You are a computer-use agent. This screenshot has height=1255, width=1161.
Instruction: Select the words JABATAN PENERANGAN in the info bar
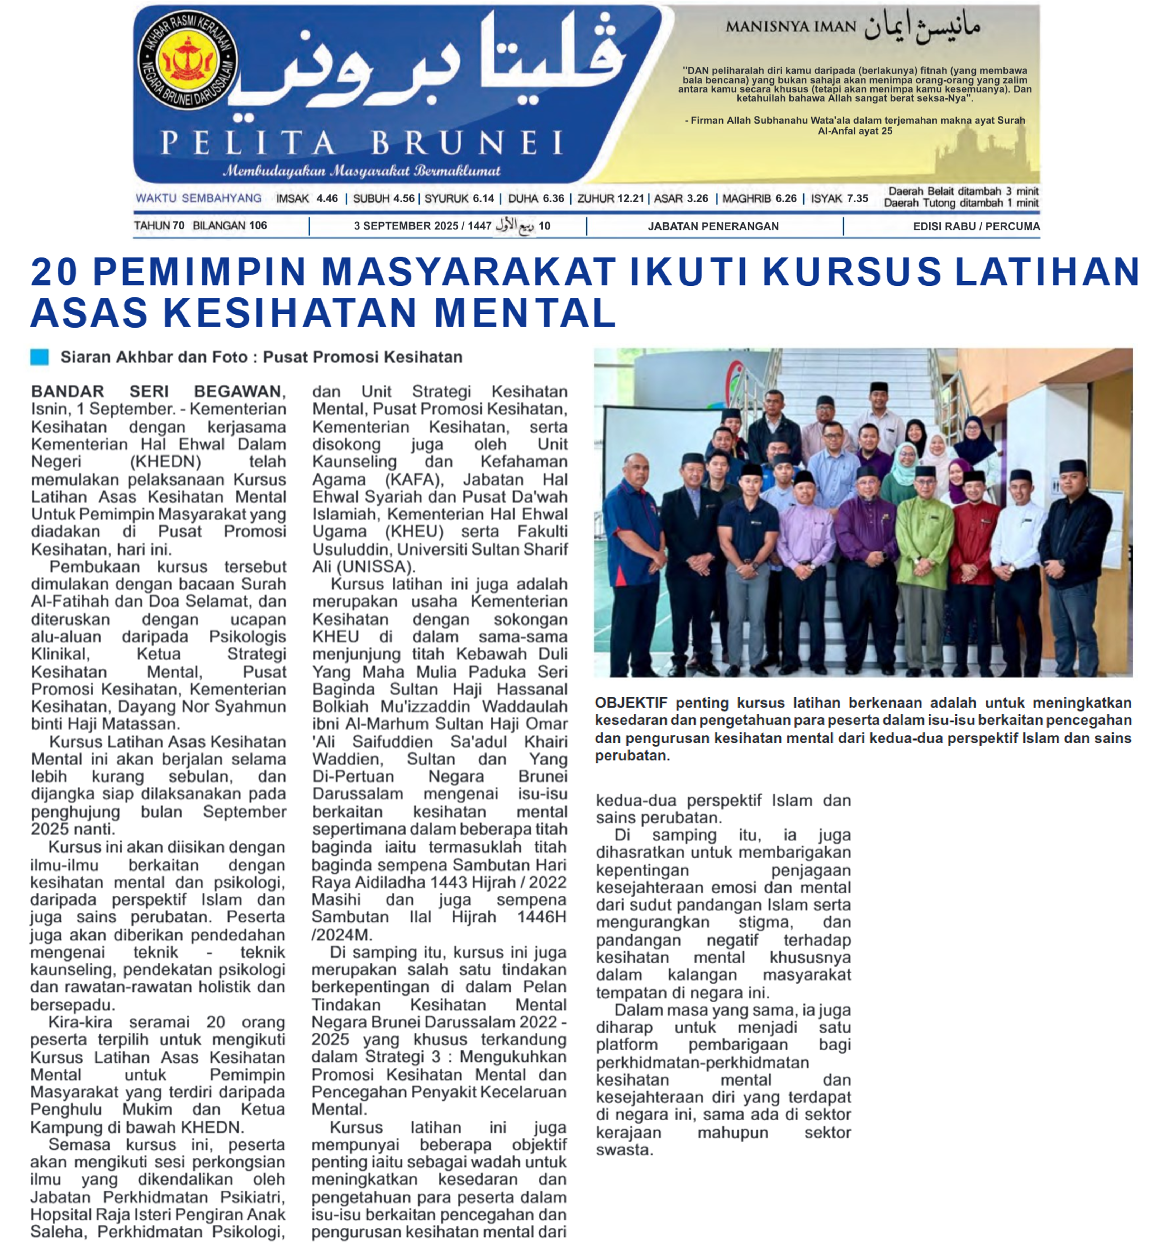point(713,226)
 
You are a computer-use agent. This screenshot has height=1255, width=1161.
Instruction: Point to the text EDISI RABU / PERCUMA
point(976,226)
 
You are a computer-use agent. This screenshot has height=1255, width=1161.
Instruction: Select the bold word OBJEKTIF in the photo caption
point(631,703)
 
